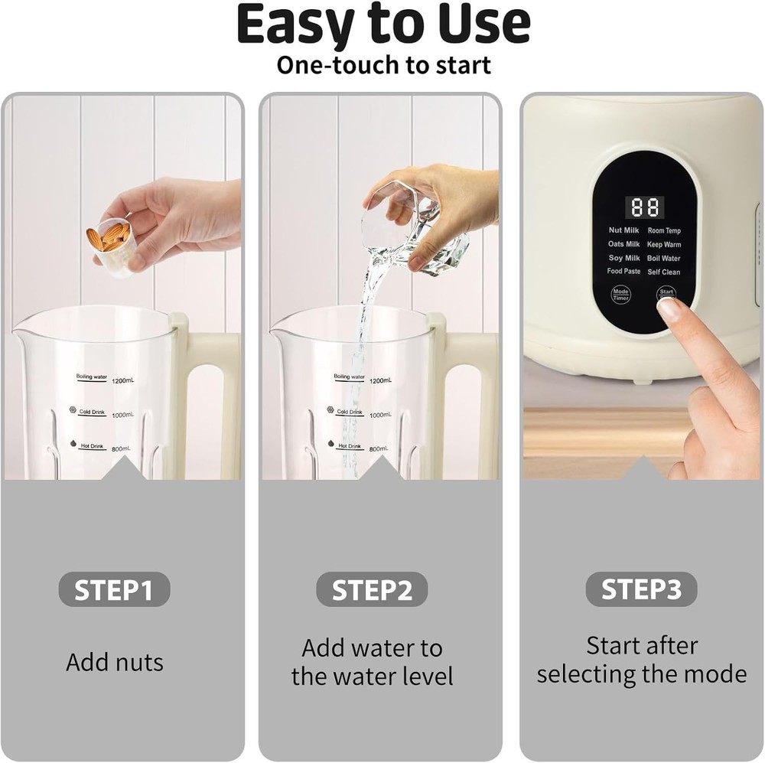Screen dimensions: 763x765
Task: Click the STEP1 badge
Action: tap(114, 589)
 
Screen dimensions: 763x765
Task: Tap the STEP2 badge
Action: tap(372, 589)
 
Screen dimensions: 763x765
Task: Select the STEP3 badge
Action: tap(641, 589)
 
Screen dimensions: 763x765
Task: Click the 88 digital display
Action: tap(645, 207)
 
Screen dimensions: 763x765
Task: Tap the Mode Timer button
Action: tap(620, 295)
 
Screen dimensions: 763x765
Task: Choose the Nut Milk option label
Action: tap(623, 230)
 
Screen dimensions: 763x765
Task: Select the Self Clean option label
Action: tap(663, 272)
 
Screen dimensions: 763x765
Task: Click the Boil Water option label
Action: tap(663, 259)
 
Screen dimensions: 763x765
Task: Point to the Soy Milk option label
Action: tap(623, 259)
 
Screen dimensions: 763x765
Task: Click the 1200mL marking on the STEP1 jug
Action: tap(122, 380)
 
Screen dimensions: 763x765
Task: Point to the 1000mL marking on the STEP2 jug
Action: tap(380, 414)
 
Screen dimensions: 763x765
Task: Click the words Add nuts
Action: tap(115, 662)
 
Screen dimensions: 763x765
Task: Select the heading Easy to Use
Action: tap(382, 24)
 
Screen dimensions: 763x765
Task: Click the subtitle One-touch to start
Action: tap(382, 65)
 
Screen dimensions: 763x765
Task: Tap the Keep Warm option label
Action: tap(663, 245)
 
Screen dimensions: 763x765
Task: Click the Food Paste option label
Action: tap(623, 272)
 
